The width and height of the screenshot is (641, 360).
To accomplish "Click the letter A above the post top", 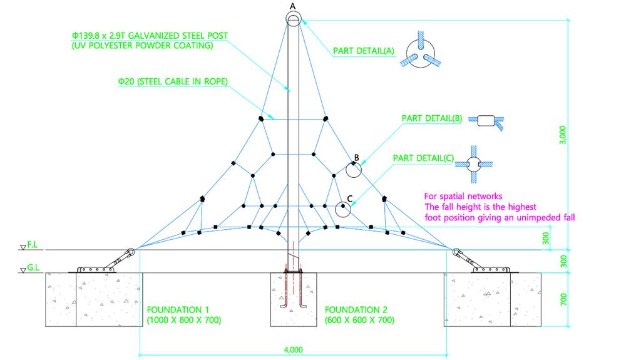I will tap(292, 6).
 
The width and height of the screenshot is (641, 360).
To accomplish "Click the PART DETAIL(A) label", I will tap(364, 51).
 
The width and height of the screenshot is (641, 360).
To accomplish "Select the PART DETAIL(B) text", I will tap(432, 118).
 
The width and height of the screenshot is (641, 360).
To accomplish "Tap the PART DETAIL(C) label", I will tap(423, 159).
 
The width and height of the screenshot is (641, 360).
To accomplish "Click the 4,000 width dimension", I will tap(293, 349).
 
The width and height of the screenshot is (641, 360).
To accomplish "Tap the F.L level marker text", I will tap(34, 247).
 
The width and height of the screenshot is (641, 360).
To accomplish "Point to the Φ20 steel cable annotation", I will tap(172, 81).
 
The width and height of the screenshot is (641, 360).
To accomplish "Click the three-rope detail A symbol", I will tap(421, 54).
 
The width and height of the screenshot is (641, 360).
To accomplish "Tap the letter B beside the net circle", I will tap(356, 158).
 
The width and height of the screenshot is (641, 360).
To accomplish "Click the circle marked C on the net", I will tap(342, 208).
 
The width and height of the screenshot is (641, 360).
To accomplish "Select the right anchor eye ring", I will tap(457, 252).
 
